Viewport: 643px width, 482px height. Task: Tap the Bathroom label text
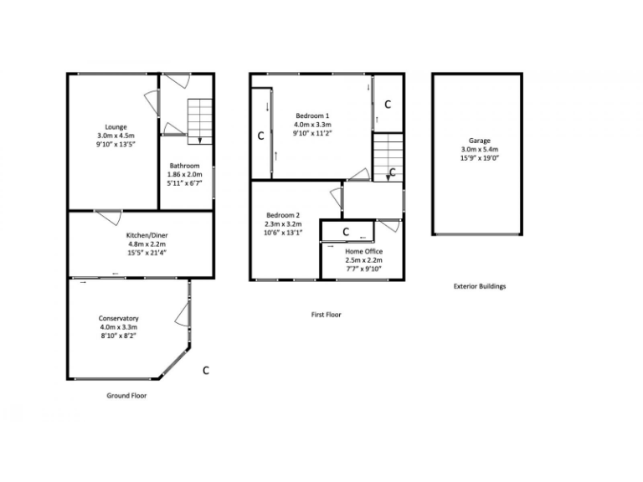(x=184, y=166)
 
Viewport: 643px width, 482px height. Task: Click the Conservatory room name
(x=118, y=318)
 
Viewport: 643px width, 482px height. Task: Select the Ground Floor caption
(x=126, y=395)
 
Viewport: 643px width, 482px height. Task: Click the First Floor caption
(x=326, y=315)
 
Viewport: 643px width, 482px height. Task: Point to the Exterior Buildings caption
(x=480, y=286)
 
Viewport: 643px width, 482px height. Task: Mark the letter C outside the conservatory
(x=206, y=369)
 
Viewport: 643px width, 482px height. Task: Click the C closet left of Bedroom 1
(x=260, y=135)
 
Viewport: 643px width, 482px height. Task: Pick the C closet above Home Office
(x=346, y=231)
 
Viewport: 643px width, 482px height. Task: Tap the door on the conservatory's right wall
(x=182, y=315)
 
